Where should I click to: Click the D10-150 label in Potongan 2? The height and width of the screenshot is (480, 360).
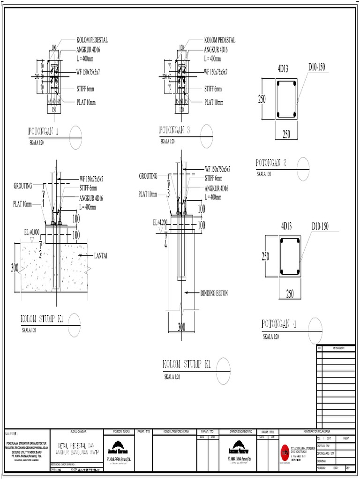click(316, 67)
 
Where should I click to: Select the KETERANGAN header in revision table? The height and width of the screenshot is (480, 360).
click(338, 348)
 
